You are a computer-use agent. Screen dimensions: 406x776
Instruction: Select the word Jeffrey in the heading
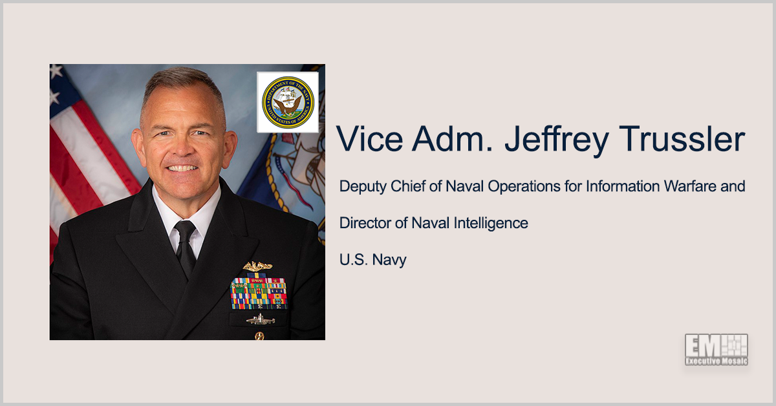point(526,140)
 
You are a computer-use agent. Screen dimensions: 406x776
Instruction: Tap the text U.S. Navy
point(372,260)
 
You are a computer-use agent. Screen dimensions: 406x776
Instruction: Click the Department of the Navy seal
point(287,102)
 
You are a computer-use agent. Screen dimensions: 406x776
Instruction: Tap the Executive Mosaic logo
point(716,350)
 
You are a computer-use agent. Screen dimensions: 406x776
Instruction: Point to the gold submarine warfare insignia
point(257,266)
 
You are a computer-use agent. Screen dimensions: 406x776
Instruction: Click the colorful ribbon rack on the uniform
point(259,292)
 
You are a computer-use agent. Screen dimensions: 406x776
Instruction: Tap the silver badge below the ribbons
point(260,319)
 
